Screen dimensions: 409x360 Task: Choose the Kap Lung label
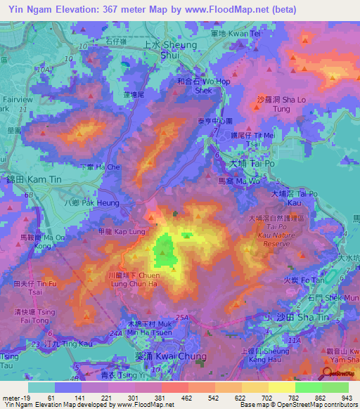(x=119, y=231)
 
